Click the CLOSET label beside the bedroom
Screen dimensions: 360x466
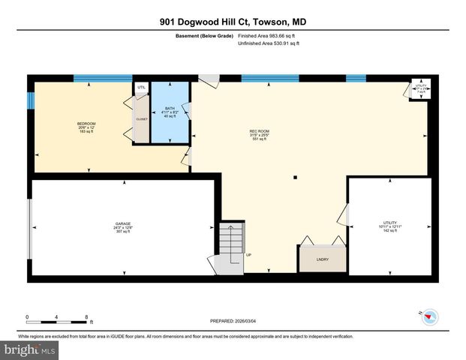(142, 118)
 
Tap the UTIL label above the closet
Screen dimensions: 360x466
(141, 88)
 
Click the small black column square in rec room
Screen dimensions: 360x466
(295, 178)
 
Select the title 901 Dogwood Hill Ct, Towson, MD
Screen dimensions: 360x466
(233, 22)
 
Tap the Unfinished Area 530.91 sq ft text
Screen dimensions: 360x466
(269, 43)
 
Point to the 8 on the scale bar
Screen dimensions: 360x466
(87, 316)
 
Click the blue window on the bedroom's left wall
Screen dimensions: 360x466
(31, 100)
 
